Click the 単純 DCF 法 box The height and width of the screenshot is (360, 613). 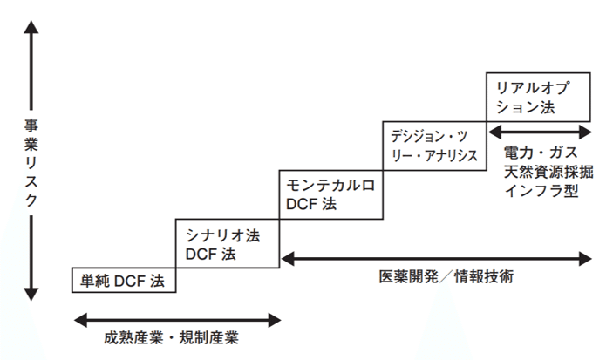123,281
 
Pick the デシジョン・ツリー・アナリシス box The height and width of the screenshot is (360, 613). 434,146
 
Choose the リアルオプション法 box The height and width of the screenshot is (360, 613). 538,97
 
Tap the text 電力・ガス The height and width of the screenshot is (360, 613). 541,152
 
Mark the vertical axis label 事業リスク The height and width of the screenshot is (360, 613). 31,163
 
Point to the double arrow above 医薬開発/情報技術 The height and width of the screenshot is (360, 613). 436,257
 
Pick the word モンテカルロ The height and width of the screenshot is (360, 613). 330,185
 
